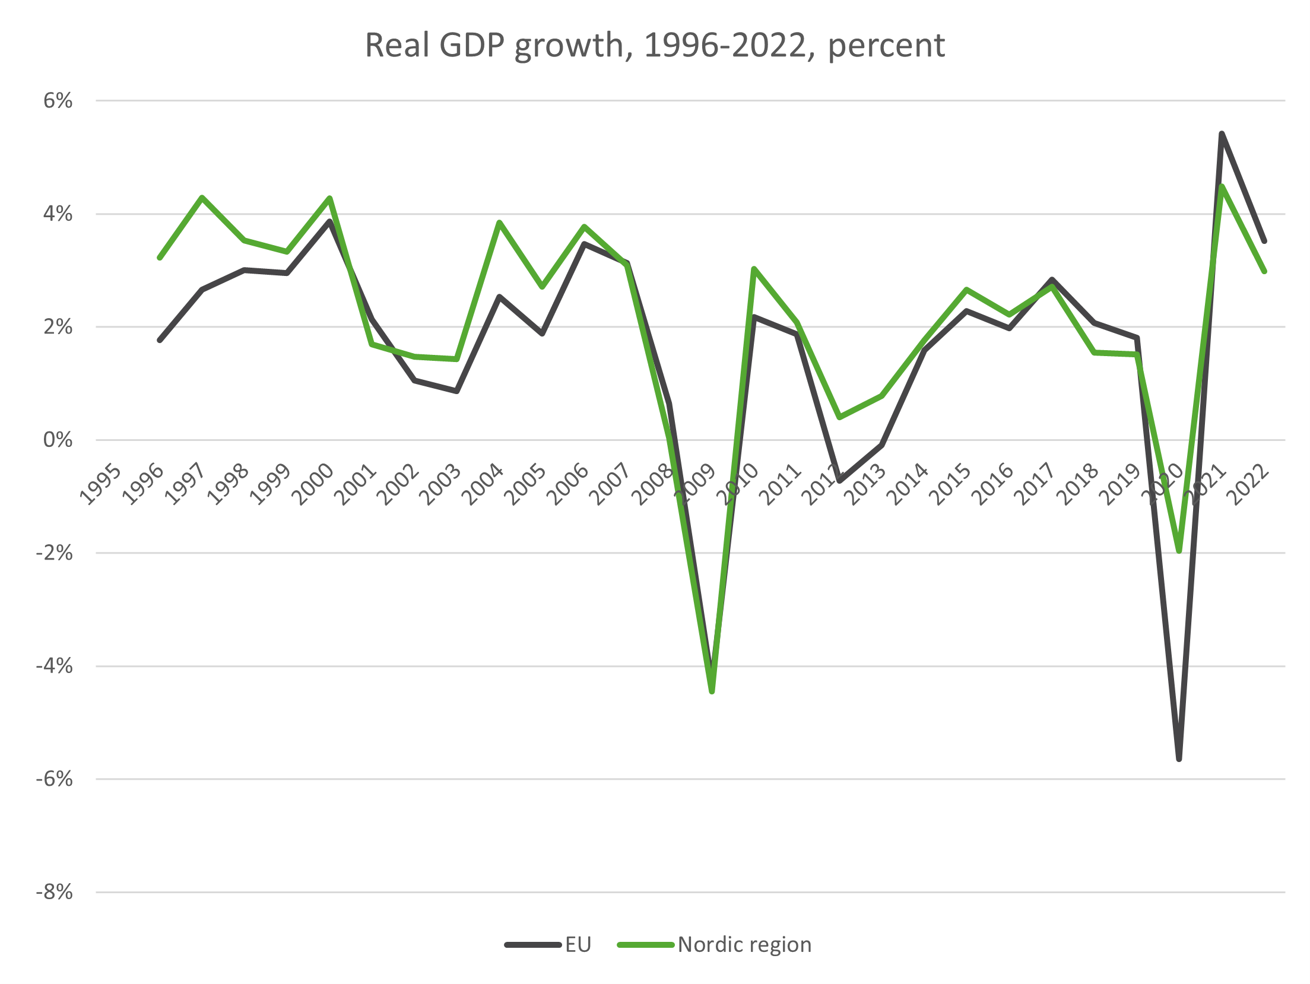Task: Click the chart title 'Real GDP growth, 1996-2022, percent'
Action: coord(654,45)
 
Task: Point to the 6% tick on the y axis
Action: coord(58,100)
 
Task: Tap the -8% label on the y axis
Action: coord(54,892)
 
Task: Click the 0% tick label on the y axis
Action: coord(58,440)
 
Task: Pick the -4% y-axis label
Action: coord(54,666)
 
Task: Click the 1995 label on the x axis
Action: coord(101,485)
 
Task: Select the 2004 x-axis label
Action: coord(483,485)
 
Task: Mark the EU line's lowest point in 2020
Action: coord(1179,759)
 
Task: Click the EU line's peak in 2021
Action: coord(1222,134)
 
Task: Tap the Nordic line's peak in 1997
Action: coord(202,197)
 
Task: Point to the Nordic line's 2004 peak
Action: coord(500,223)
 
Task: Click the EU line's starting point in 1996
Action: coord(160,340)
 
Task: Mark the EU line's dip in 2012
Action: coord(839,481)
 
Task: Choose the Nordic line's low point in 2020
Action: coord(1179,551)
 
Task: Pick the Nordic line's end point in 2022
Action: coord(1264,271)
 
